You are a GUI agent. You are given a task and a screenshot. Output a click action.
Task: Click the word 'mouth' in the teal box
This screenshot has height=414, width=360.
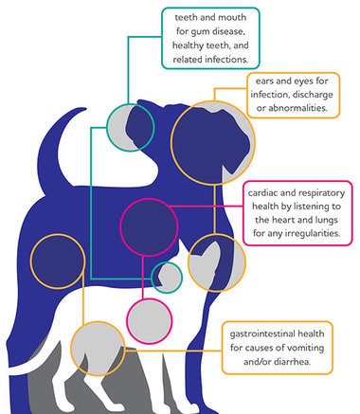(x=232, y=17)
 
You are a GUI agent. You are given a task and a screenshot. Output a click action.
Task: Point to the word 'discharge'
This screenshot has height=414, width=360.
(x=313, y=95)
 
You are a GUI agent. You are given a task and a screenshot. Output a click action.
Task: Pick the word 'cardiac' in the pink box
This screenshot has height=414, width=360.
(x=262, y=192)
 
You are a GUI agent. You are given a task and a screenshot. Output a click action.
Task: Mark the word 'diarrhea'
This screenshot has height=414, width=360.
(x=292, y=362)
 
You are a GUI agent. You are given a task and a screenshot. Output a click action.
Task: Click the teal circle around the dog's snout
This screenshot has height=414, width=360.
(x=107, y=127)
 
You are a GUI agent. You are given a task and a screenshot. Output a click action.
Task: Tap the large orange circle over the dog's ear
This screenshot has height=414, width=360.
(x=171, y=142)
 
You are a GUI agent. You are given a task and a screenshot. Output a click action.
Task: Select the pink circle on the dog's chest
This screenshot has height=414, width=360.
(x=121, y=226)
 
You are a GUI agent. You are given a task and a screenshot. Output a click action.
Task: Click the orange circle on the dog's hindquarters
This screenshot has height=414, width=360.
(x=31, y=261)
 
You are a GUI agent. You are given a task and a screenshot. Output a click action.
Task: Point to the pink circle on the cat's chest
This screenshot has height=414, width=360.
(x=127, y=321)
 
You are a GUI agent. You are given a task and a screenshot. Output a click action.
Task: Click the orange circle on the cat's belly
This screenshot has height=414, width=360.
(x=71, y=349)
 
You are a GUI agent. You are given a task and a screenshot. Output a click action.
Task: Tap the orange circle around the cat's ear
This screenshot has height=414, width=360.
(x=189, y=262)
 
